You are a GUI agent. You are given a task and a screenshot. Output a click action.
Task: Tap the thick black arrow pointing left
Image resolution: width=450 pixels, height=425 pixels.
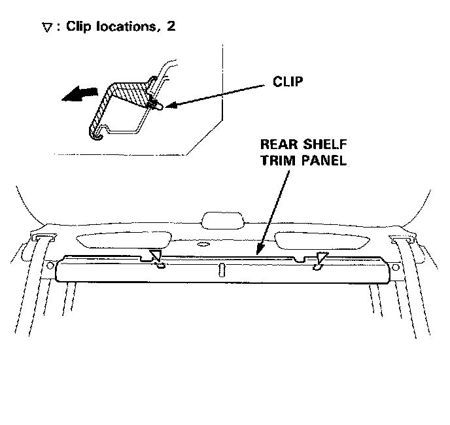coord(78,95)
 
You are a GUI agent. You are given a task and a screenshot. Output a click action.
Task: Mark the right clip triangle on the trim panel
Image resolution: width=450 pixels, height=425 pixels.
coord(322,257)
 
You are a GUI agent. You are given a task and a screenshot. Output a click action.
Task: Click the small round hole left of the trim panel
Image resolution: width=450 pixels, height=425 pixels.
coord(50,265)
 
